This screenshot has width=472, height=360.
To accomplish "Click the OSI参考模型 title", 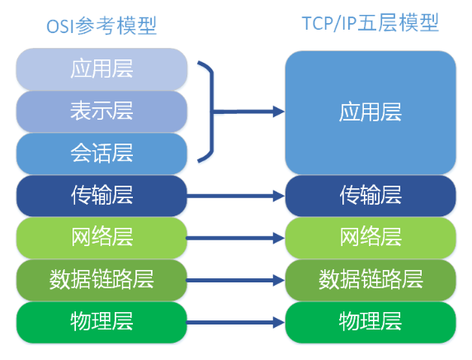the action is tap(101, 26).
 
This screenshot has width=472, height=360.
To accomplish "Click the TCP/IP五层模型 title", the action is tap(370, 23).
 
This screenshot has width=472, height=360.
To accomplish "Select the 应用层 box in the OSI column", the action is tap(101, 69).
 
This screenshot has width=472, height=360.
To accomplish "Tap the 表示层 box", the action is tap(101, 111).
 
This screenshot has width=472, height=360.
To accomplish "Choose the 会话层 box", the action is tap(101, 154).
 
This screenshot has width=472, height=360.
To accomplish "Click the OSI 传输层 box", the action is tap(101, 196).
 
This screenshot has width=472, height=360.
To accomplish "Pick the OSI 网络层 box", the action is tap(101, 238).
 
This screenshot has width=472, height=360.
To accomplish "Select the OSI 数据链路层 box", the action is tap(101, 280).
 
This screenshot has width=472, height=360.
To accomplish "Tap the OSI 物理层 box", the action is tap(101, 322).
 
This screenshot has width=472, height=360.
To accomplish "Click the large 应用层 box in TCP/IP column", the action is tap(371, 112).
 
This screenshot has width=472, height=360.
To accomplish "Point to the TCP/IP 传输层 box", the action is tap(371, 196).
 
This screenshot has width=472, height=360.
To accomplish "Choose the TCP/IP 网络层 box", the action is tap(371, 238).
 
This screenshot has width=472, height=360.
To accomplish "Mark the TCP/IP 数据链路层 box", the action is tap(371, 280).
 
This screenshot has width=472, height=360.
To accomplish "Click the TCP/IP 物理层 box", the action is tap(371, 322).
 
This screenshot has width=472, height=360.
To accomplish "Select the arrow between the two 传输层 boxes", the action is tap(236, 197).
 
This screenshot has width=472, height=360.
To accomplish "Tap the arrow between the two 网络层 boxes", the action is tap(236, 239).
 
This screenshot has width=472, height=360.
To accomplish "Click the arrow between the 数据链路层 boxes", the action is tap(236, 281).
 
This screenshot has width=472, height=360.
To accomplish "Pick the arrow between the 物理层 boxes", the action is tap(236, 323).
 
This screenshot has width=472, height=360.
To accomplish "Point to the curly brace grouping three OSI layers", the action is tap(213, 111).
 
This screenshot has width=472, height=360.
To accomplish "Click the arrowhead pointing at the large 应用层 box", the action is tap(278, 111).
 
